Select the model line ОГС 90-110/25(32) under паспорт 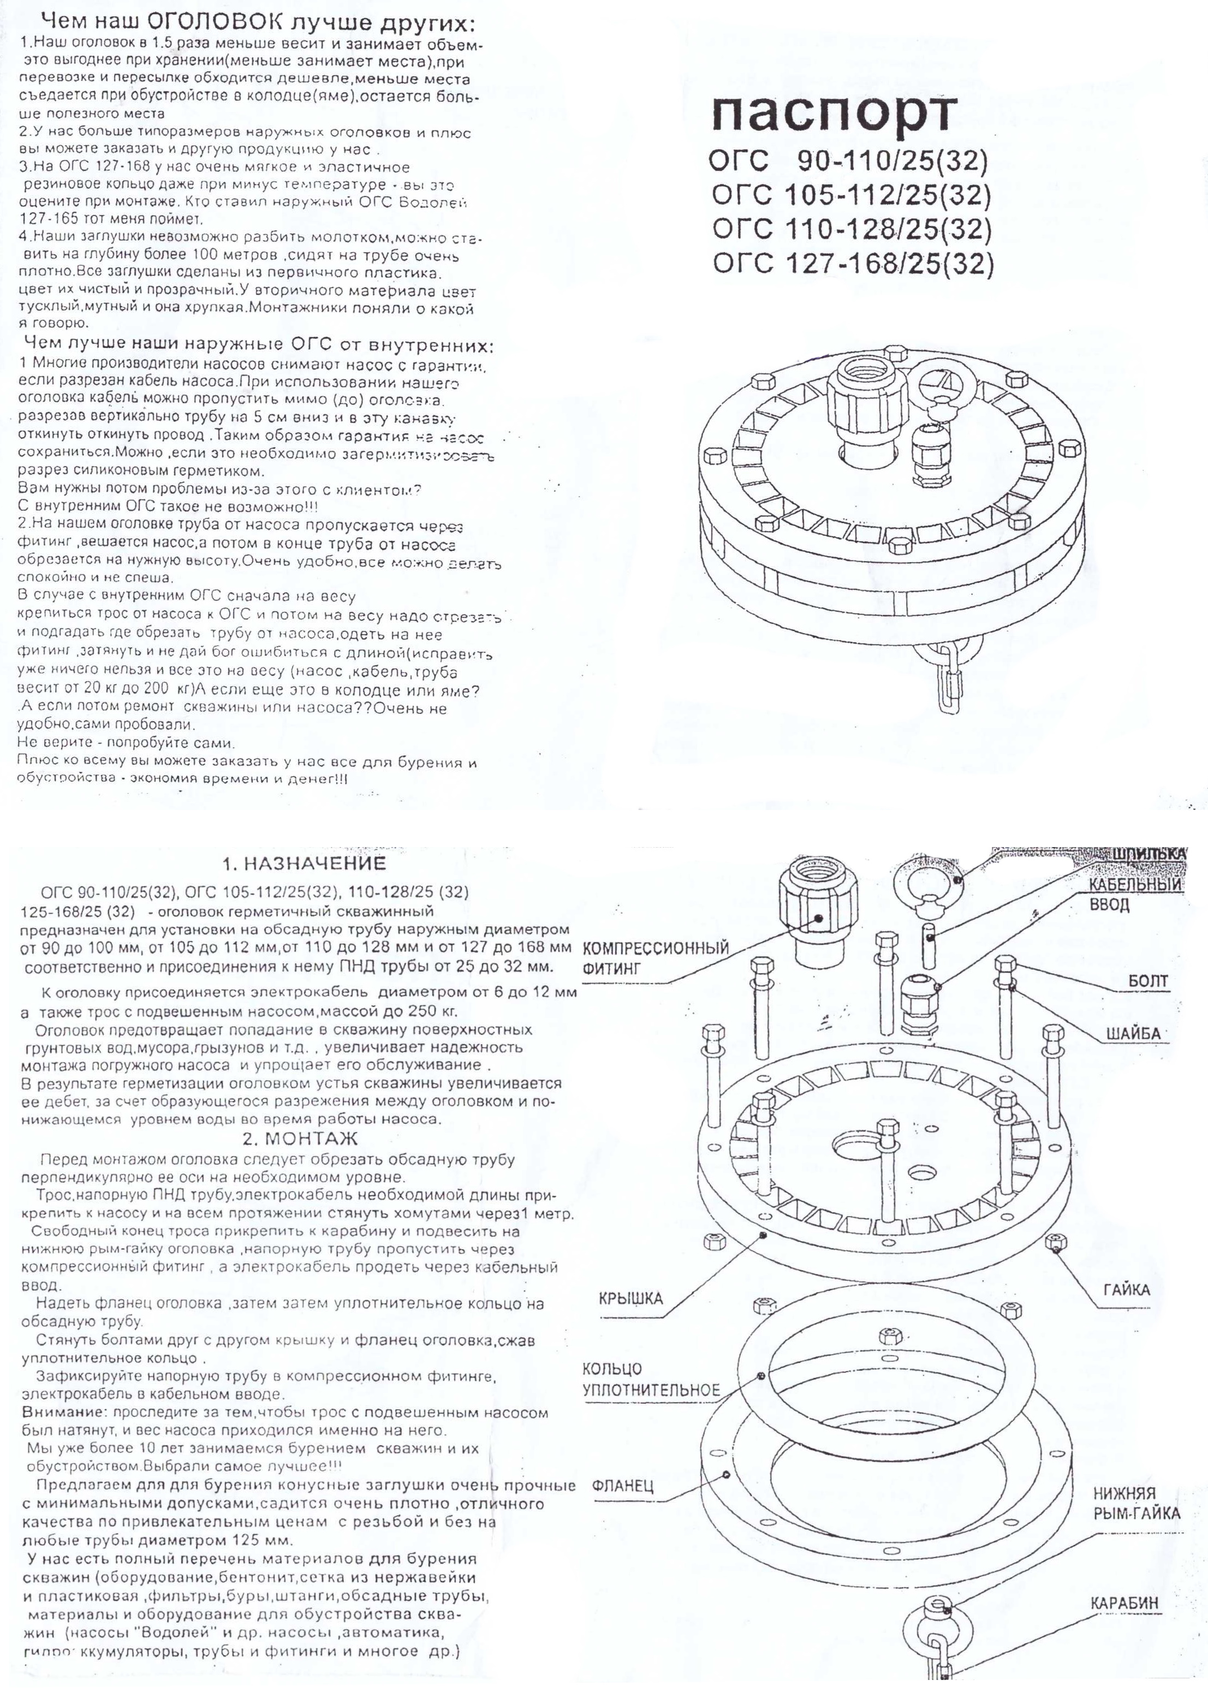pos(848,160)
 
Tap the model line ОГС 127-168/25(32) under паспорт pos(853,263)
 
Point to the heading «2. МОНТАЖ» pos(300,1139)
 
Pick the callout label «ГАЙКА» pos(1127,1290)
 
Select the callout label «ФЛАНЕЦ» pos(623,1486)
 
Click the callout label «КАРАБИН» pos(1124,1603)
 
